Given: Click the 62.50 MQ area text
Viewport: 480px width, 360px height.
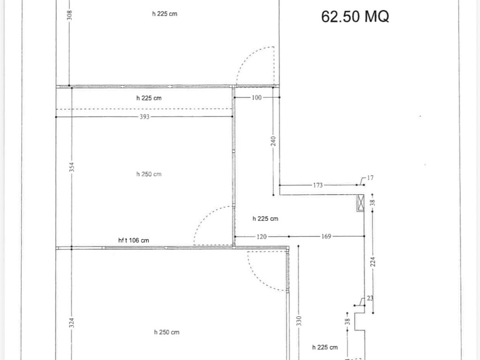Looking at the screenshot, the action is tap(355, 16).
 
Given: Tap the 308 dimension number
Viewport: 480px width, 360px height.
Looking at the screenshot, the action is tap(69, 15).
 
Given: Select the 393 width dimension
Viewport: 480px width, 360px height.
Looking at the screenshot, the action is tap(144, 117).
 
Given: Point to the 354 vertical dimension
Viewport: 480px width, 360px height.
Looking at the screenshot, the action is tap(71, 167).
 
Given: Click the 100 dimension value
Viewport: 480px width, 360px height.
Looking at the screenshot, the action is tap(256, 97).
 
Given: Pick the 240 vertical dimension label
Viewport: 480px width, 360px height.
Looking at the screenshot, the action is tap(273, 141).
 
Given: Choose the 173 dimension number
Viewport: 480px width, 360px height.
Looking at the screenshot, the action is tap(318, 185).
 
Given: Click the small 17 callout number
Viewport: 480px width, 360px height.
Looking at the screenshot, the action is tap(370, 178).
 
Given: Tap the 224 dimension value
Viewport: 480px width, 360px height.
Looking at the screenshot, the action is tap(373, 262).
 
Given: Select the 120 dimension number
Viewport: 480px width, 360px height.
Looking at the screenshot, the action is tap(262, 236).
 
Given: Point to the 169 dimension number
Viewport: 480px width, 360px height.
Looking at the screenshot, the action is tap(326, 236).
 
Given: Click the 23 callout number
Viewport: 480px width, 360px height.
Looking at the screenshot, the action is tap(370, 298).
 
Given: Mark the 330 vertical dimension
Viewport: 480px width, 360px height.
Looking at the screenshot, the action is tap(299, 321).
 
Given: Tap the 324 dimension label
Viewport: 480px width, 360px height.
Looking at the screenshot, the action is tap(71, 322).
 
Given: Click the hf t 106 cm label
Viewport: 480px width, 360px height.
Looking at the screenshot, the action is tap(134, 240).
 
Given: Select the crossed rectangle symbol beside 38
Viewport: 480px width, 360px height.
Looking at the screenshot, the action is tap(360, 202).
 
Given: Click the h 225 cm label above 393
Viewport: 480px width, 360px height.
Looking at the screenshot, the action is tap(149, 98).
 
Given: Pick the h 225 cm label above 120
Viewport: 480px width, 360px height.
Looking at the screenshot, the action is tap(265, 218).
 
